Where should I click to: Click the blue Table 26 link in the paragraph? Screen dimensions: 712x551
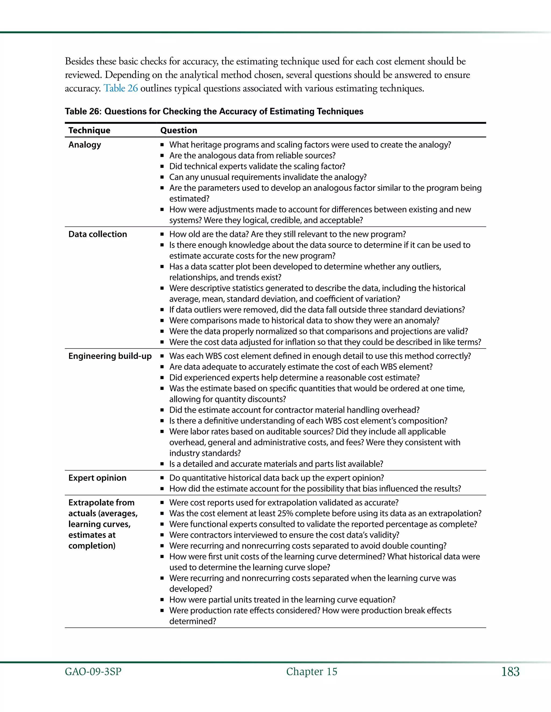point(121,88)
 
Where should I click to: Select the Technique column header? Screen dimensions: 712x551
point(89,130)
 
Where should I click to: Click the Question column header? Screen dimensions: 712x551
point(179,130)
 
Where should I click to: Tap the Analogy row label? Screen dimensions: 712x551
point(84,145)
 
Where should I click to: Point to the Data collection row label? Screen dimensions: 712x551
point(98,234)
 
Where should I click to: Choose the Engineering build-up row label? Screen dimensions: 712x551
point(110,356)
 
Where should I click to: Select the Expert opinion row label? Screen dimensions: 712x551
point(97,478)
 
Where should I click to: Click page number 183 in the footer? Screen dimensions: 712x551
point(510,672)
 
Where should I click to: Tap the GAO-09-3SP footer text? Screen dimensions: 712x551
point(93,672)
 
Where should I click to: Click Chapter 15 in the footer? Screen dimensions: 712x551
point(311,672)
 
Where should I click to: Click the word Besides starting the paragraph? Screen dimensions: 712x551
point(79,61)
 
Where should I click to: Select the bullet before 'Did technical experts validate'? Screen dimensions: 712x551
point(162,166)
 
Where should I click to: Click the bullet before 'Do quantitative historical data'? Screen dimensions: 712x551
point(162,478)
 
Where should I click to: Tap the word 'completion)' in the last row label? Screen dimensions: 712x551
point(92,546)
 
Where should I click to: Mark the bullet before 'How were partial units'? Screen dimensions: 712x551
point(162,600)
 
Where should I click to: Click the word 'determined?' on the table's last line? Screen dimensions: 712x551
point(193,621)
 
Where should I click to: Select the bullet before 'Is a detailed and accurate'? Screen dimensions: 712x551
point(162,464)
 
